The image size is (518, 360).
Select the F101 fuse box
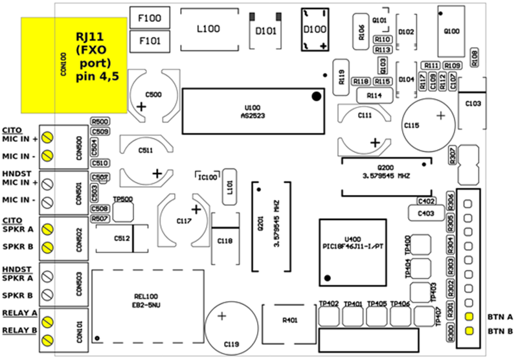point(150,42)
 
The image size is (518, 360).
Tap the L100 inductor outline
point(208,29)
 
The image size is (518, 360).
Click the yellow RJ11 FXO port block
point(74,64)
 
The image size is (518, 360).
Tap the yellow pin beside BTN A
point(467,317)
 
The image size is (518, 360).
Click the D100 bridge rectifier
point(315,29)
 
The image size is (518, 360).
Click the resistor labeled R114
point(374,95)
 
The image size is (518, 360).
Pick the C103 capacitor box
point(473,104)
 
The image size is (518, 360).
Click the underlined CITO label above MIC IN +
point(12,129)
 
